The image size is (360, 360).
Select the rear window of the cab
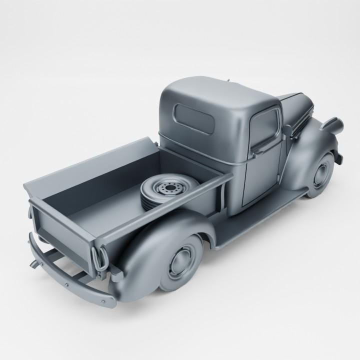pos(194,118)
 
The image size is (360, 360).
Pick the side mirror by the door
pos(288,131)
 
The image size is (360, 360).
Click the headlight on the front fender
pos(331,123)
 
